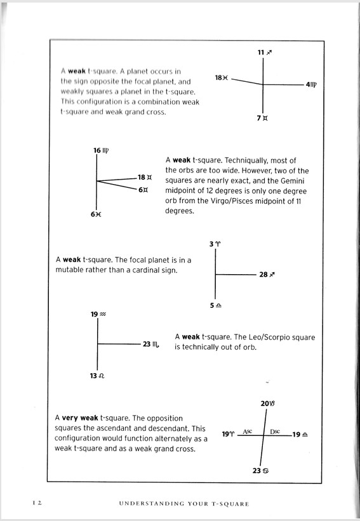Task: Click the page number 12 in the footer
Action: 37,503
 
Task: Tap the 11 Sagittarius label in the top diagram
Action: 265,52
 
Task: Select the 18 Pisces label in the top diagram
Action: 222,78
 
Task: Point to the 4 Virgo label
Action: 312,84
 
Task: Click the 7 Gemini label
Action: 262,118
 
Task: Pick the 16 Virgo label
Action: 101,150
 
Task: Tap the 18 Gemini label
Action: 145,177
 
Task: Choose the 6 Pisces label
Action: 96,214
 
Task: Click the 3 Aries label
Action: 215,244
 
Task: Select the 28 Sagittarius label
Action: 267,274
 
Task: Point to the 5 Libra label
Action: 216,305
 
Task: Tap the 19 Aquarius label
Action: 98,314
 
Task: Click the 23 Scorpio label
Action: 152,344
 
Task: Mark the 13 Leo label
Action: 97,376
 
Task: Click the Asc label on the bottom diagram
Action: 248,432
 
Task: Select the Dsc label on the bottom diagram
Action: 275,432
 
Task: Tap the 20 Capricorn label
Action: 268,404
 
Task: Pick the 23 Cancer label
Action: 260,470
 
